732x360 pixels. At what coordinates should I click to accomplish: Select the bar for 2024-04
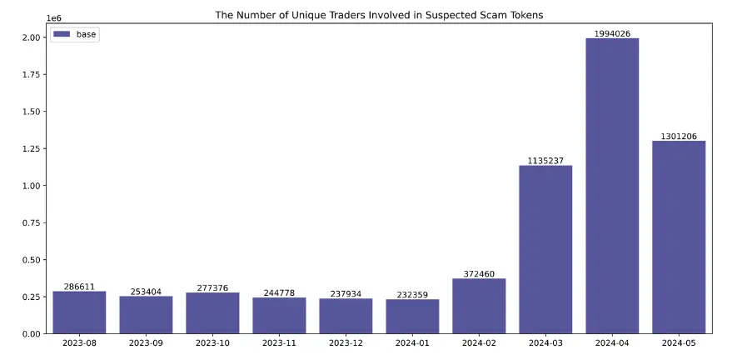(612, 186)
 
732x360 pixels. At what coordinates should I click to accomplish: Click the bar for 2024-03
(545, 249)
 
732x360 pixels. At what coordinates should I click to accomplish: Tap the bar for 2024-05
(679, 237)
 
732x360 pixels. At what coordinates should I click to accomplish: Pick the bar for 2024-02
(479, 306)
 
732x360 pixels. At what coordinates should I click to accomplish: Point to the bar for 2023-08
(79, 312)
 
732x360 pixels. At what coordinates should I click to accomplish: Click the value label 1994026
(612, 33)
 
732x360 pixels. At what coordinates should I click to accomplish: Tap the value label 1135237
(545, 161)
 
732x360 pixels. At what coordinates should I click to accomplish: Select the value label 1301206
(679, 136)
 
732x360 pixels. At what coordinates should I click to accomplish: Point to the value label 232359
(412, 294)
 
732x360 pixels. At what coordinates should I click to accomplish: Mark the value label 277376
(212, 287)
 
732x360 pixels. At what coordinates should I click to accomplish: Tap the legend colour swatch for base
(62, 34)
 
